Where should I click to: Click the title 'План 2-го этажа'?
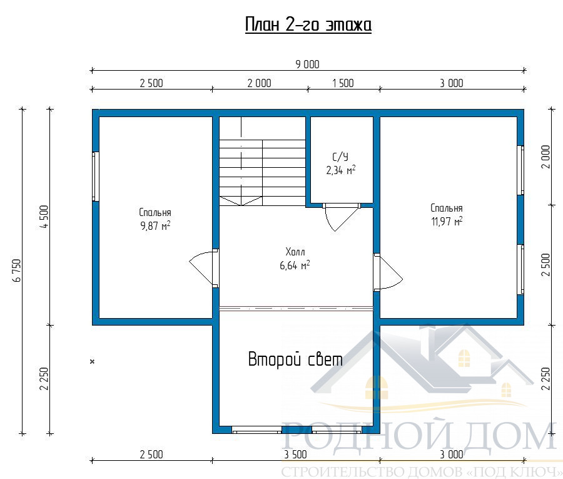pyautogui.click(x=308, y=25)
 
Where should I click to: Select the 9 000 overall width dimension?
pyautogui.click(x=307, y=64)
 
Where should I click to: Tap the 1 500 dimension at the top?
pyautogui.click(x=343, y=83)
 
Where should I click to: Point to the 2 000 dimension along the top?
pyautogui.click(x=259, y=83)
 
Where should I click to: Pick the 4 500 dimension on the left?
pyautogui.click(x=44, y=217)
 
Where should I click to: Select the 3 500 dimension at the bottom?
pyautogui.click(x=295, y=455)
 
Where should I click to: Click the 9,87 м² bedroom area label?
pyautogui.click(x=155, y=226)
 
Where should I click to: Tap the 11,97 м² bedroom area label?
pyautogui.click(x=447, y=222)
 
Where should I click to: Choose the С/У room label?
pyautogui.click(x=340, y=157)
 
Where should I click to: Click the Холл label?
pyautogui.click(x=295, y=252)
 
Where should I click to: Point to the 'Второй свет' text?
pyautogui.click(x=295, y=359)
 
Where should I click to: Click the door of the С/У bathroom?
pyautogui.click(x=342, y=217)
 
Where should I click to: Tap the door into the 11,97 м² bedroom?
pyautogui.click(x=388, y=272)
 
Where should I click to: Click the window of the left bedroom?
pyautogui.click(x=96, y=177)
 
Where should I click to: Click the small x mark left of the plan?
pyautogui.click(x=93, y=361)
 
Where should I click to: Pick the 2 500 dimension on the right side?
pyautogui.click(x=545, y=265)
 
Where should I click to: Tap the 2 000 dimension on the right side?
pyautogui.click(x=545, y=157)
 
